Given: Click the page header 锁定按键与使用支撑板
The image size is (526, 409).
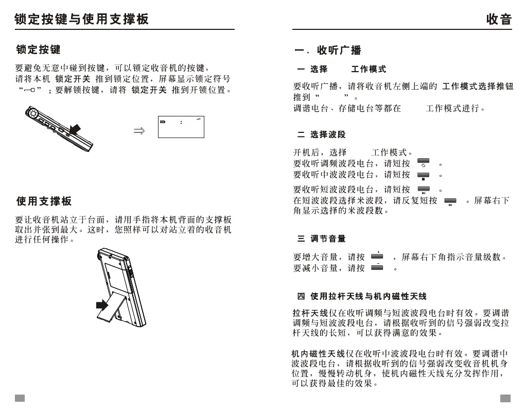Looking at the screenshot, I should (x=82, y=19).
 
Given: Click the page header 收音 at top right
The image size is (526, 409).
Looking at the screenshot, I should (x=499, y=19).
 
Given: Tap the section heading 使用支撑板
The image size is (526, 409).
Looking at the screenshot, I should (x=44, y=201).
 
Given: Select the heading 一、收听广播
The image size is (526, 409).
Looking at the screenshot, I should (x=327, y=50).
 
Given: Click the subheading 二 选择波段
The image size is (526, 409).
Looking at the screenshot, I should (x=321, y=134).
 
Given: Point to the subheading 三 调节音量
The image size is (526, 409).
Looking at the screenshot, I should (x=321, y=238).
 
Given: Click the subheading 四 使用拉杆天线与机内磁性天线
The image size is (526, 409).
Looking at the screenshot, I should (x=361, y=296).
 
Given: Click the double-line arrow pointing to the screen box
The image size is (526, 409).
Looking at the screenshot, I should (x=139, y=131).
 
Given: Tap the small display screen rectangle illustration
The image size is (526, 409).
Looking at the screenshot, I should (x=181, y=127).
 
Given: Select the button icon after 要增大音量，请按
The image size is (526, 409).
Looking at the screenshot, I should (x=377, y=256).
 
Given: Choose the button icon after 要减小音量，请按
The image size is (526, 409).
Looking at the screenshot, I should (x=377, y=268).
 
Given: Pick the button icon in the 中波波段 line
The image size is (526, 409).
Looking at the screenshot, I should (x=423, y=176).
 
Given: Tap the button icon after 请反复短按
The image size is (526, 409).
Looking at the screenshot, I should (x=450, y=201).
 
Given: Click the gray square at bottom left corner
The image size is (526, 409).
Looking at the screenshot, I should (x=20, y=398).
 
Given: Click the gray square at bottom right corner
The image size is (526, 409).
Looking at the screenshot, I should (x=505, y=398).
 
